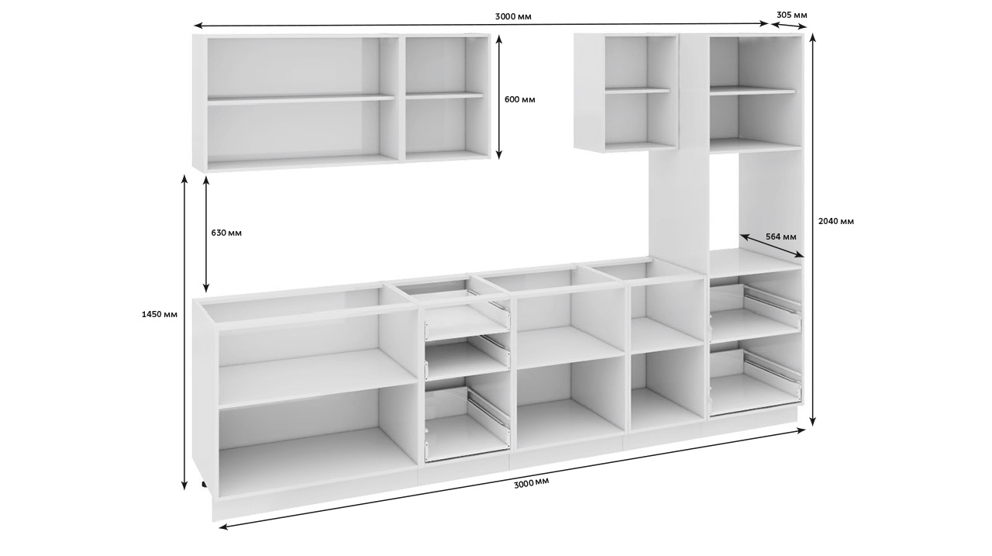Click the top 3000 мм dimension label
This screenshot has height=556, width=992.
pyautogui.click(x=513, y=17)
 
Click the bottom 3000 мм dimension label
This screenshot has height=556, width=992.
pyautogui.click(x=532, y=483)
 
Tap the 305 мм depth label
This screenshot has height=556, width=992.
pyautogui.click(x=792, y=15)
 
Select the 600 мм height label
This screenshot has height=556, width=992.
pyautogui.click(x=520, y=100)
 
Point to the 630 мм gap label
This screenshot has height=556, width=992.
pyautogui.click(x=226, y=233)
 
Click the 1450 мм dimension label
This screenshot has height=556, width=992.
pyautogui.click(x=160, y=315)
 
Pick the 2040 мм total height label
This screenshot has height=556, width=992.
pyautogui.click(x=836, y=221)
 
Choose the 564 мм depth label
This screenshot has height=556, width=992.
pyautogui.click(x=781, y=237)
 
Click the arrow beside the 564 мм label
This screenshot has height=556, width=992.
pyautogui.click(x=772, y=246)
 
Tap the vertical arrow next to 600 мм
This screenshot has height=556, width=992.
pyautogui.click(x=498, y=97)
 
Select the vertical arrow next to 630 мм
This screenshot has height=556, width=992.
pyautogui.click(x=206, y=234)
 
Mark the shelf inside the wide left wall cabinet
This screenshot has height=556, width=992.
pyautogui.click(x=301, y=98)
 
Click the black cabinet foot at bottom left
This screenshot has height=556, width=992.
pyautogui.click(x=204, y=484)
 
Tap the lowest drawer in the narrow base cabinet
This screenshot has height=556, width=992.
pyautogui.click(x=467, y=425)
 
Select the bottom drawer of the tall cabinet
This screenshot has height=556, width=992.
pyautogui.click(x=755, y=384)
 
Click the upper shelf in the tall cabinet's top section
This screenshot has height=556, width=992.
pyautogui.click(x=753, y=92)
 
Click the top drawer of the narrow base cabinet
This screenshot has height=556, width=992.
pyautogui.click(x=467, y=322)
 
